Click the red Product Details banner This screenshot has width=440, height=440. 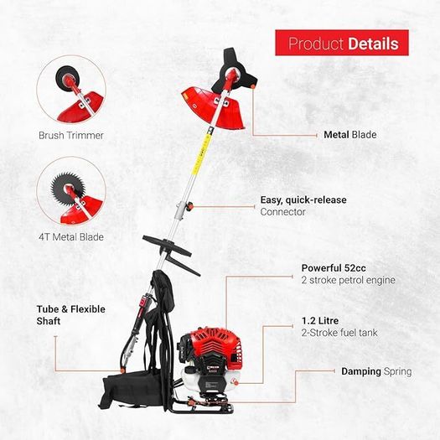[x=341, y=43]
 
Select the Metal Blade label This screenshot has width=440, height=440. [x=350, y=135]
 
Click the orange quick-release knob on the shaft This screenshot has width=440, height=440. [x=190, y=206]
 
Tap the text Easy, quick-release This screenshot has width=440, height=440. [x=303, y=199]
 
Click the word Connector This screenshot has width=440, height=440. [x=282, y=212]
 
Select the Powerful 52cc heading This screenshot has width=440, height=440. [x=334, y=268]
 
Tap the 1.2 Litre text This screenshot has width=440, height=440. [x=320, y=321]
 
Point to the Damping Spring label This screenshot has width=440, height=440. [x=376, y=371]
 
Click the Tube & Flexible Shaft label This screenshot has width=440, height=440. [x=70, y=315]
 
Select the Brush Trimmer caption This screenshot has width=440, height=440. [x=71, y=135]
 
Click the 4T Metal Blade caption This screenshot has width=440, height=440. [x=71, y=237]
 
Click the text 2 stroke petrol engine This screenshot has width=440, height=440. [x=349, y=280]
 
